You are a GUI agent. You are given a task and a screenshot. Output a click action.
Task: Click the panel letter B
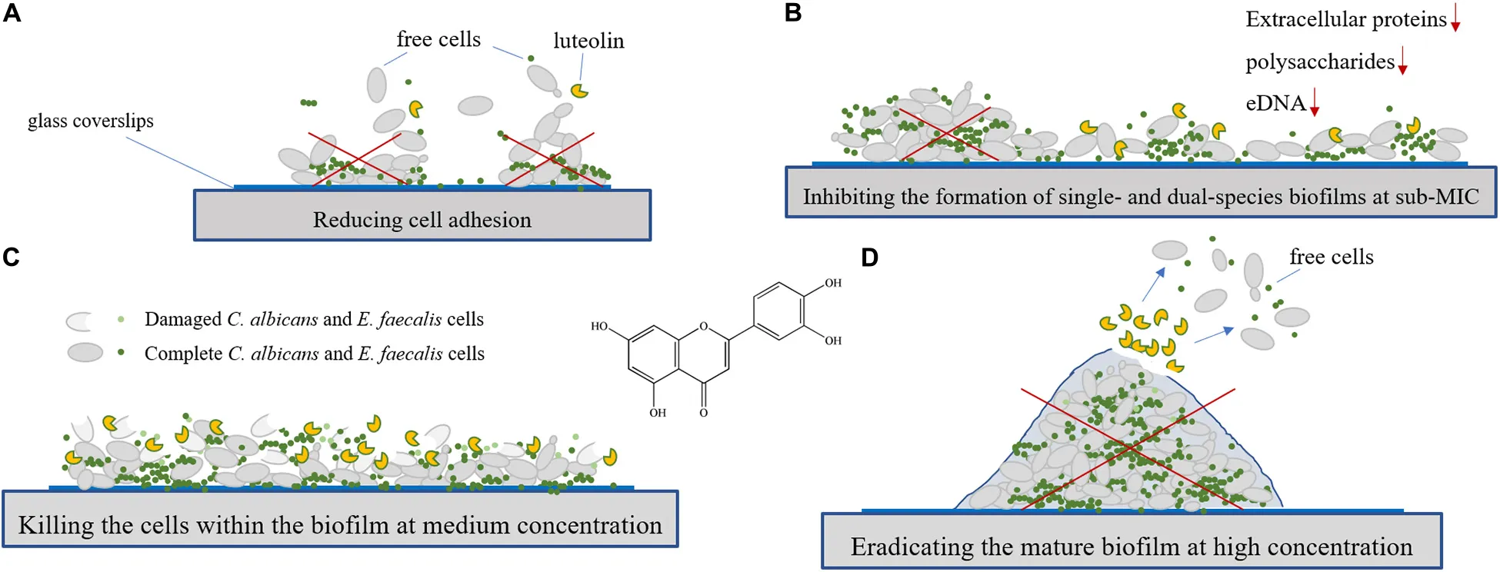(x=793, y=13)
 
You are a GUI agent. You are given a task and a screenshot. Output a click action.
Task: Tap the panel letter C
(x=11, y=257)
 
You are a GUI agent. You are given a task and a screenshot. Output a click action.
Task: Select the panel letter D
(x=869, y=258)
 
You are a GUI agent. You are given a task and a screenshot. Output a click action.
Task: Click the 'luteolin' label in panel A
(x=588, y=41)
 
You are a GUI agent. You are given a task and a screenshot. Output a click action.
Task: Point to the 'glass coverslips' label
(x=91, y=121)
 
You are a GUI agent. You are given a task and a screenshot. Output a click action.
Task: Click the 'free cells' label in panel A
(x=438, y=39)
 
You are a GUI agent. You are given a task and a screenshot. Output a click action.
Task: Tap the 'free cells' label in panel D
(x=1332, y=257)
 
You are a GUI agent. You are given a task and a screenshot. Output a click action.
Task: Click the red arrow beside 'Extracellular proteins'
(x=1455, y=18)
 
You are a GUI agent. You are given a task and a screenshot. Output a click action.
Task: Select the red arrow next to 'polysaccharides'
(x=1402, y=61)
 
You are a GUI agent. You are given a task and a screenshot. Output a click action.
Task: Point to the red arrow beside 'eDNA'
(x=1315, y=102)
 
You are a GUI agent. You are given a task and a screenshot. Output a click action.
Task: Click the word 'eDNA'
(x=1275, y=103)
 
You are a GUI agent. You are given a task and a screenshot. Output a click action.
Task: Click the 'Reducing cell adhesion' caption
(x=422, y=220)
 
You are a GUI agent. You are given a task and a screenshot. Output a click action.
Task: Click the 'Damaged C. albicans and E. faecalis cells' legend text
(x=314, y=319)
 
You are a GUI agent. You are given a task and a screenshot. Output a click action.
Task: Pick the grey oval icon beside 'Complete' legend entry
(x=85, y=353)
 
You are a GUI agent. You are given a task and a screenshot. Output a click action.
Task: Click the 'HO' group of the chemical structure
(x=599, y=326)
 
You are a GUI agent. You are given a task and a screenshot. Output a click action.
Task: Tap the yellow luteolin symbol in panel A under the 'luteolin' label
(x=579, y=91)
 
